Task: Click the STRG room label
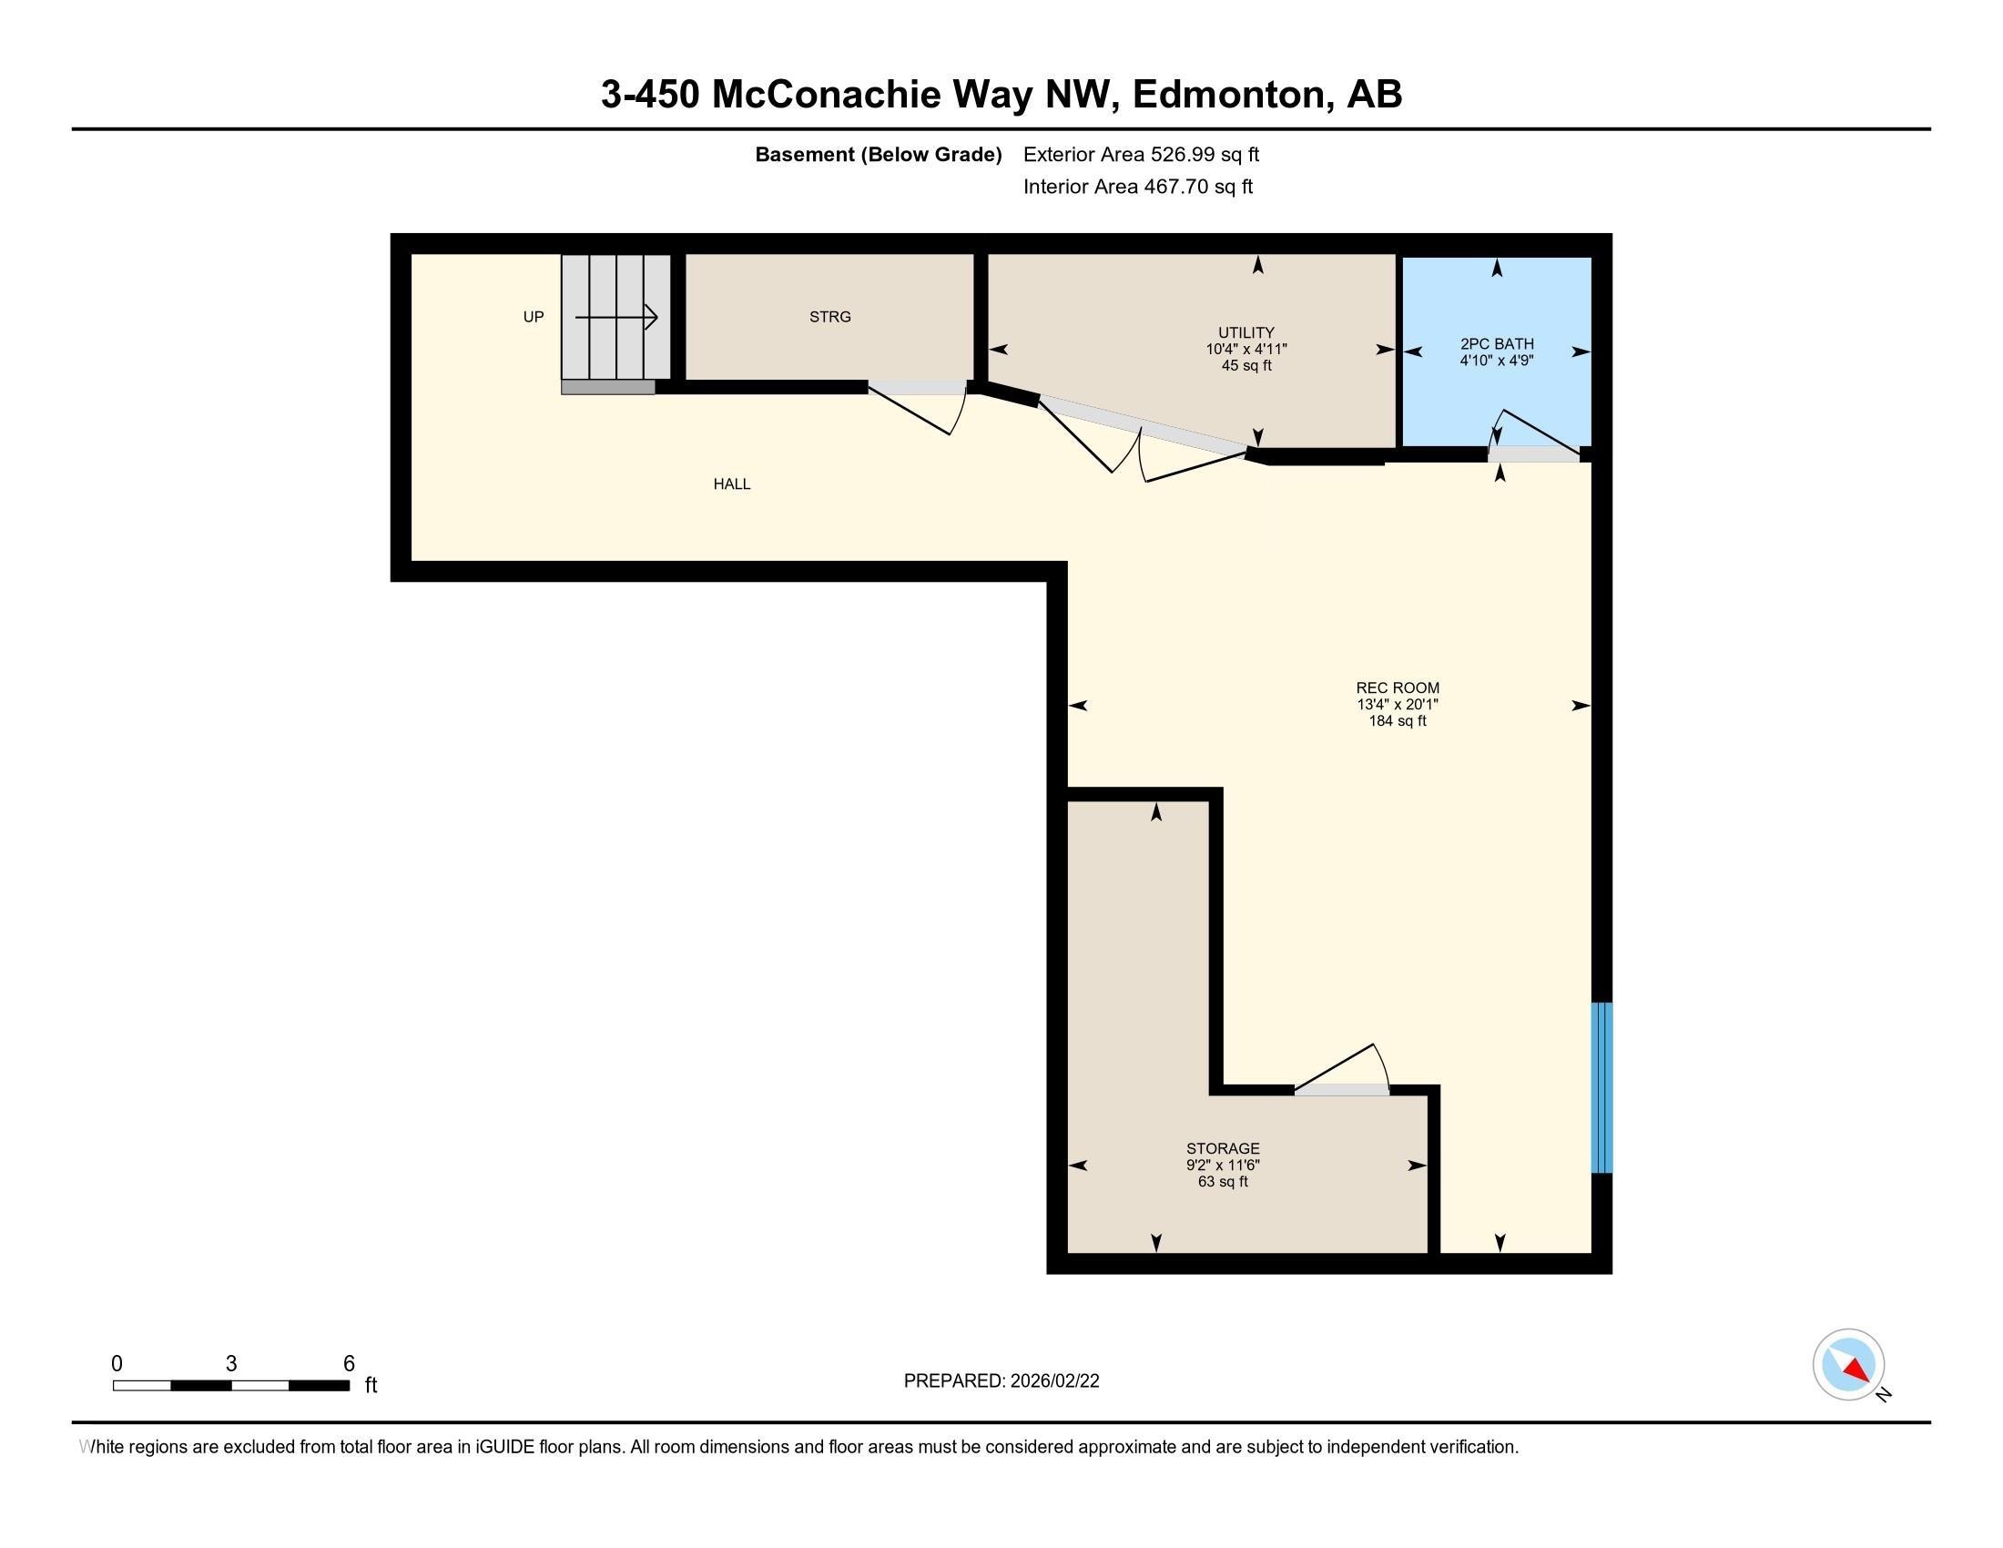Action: pyautogui.click(x=829, y=316)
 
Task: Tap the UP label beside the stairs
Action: pyautogui.click(x=533, y=316)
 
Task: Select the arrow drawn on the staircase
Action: pyautogui.click(x=616, y=317)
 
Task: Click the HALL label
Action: pyautogui.click(x=731, y=484)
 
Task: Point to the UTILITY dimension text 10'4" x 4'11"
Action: pyautogui.click(x=1246, y=350)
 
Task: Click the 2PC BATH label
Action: pyautogui.click(x=1496, y=344)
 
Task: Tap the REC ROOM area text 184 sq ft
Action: pyautogui.click(x=1397, y=721)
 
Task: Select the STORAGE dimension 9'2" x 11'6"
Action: pyautogui.click(x=1222, y=1165)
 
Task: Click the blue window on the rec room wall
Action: pyautogui.click(x=1601, y=1086)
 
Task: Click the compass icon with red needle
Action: pyautogui.click(x=1847, y=1365)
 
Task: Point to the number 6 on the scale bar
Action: pyautogui.click(x=349, y=1363)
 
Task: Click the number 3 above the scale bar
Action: pyautogui.click(x=231, y=1363)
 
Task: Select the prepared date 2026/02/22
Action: pyautogui.click(x=1052, y=1381)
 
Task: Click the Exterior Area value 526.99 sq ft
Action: pyautogui.click(x=1205, y=154)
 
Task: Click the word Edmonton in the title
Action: pyautogui.click(x=1232, y=95)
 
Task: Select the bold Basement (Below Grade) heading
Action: pyautogui.click(x=877, y=154)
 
